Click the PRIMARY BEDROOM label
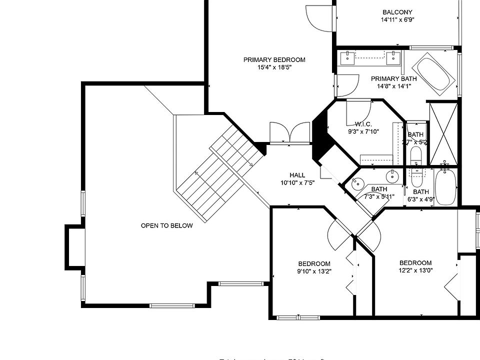[274, 60]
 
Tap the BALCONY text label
[397, 12]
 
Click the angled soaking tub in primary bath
[435, 74]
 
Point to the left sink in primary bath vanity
[346, 57]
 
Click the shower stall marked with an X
[443, 133]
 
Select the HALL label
[297, 175]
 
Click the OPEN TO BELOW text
[166, 226]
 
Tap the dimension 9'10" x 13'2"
[314, 271]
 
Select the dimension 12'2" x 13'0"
[415, 270]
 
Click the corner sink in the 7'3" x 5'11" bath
[357, 183]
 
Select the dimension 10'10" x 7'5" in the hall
[297, 182]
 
